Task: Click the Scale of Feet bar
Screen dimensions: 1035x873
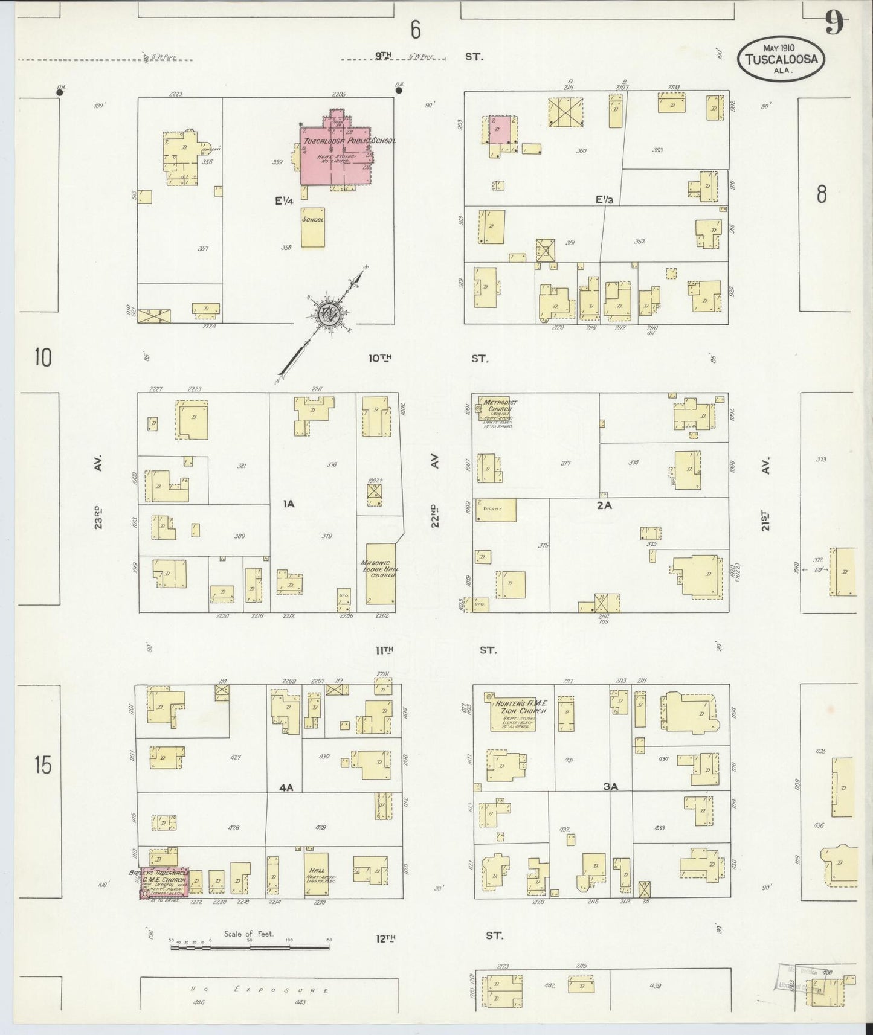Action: (251, 948)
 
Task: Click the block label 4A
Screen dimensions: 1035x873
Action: (286, 787)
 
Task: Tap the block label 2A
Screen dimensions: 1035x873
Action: (604, 506)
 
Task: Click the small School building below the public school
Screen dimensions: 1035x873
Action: (313, 226)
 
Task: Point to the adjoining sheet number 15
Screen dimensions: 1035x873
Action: (42, 766)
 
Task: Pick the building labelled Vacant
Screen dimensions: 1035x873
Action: (497, 510)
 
